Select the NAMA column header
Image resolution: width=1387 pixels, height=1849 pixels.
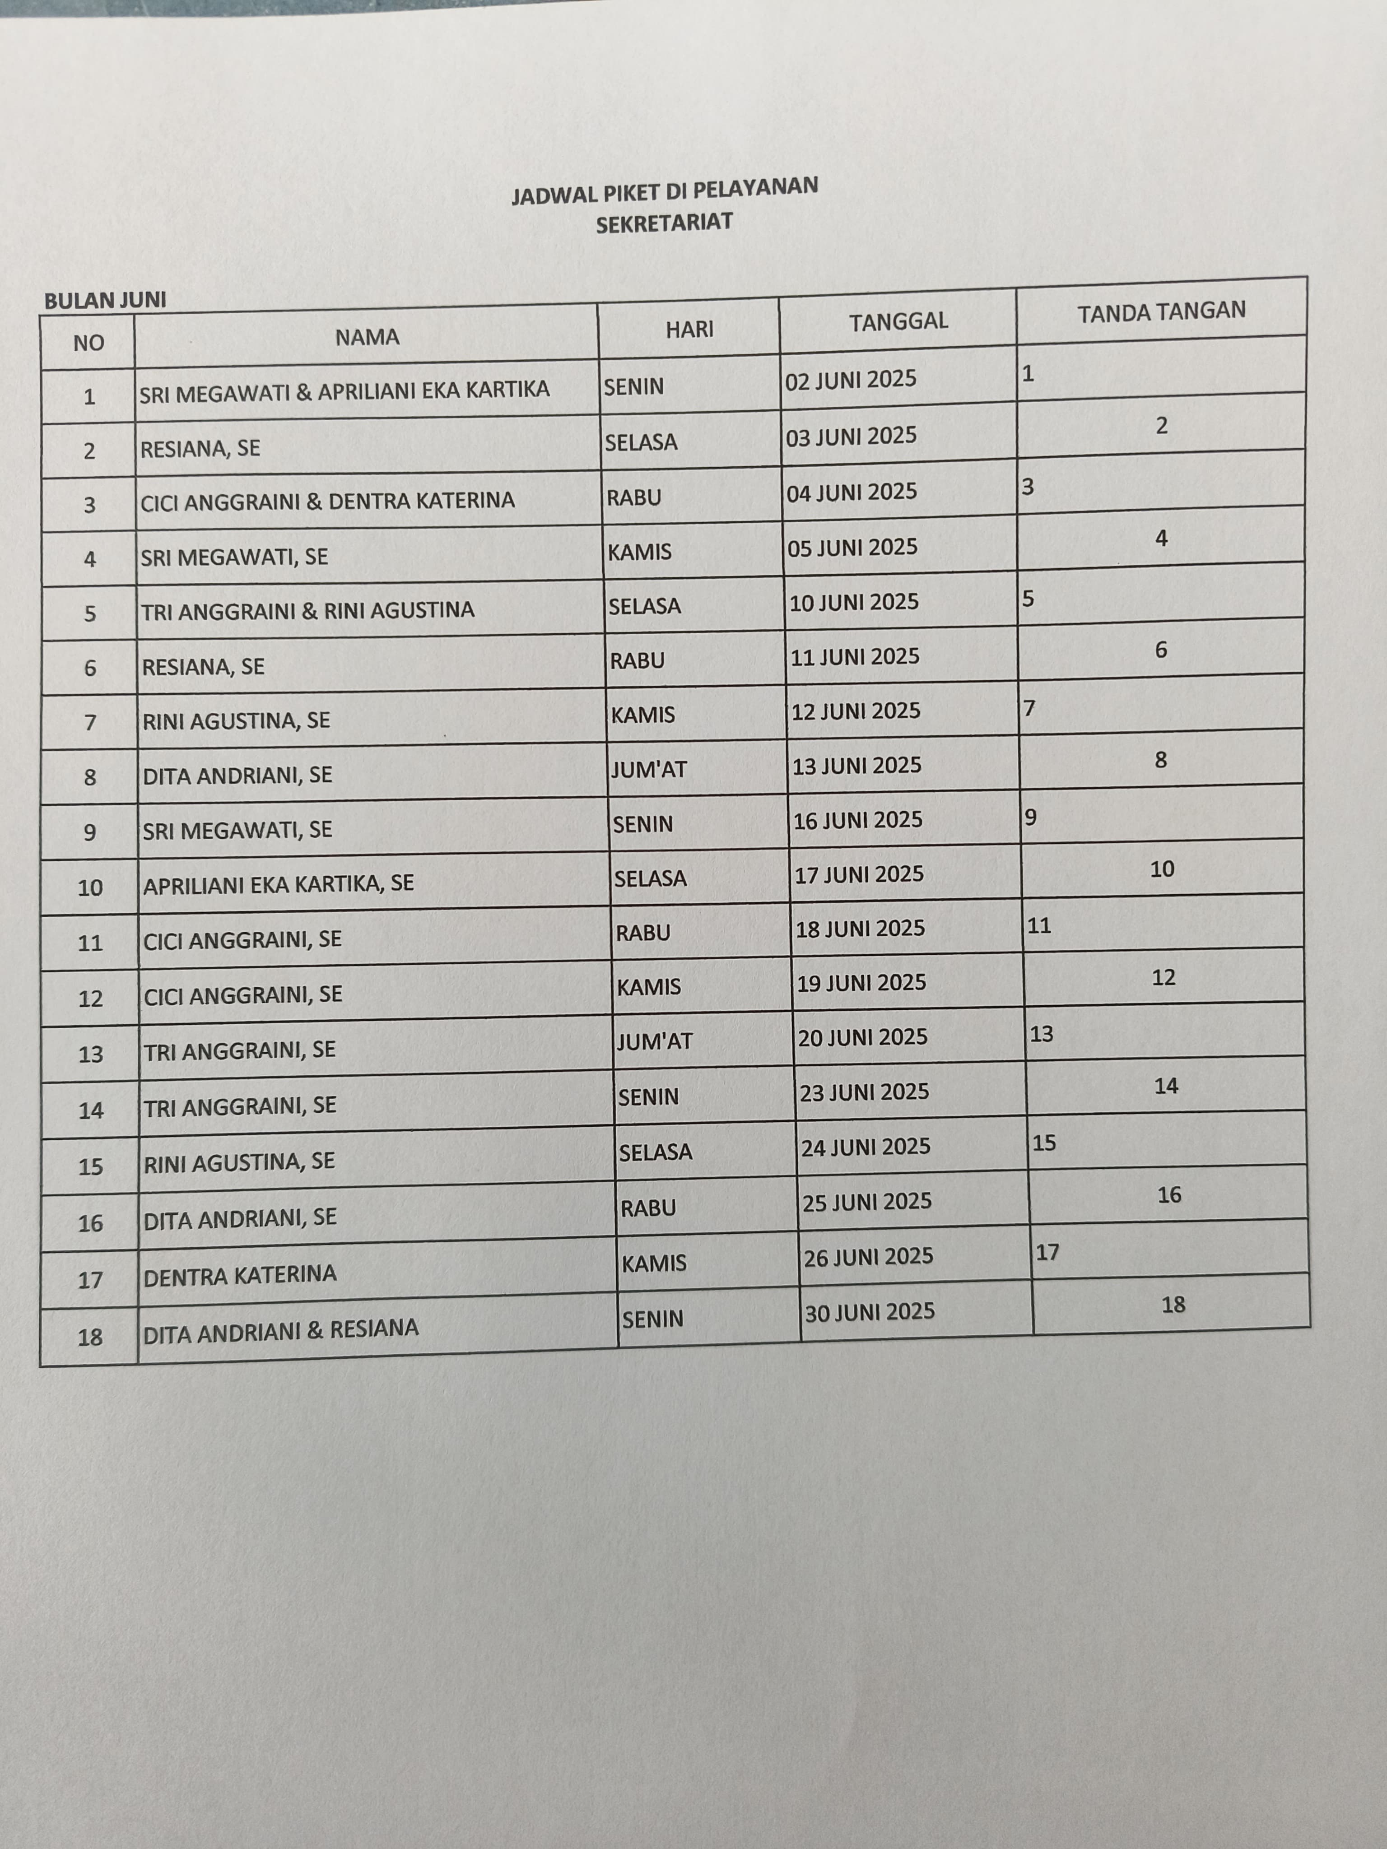(x=367, y=337)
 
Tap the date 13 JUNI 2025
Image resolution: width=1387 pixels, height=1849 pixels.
(x=856, y=766)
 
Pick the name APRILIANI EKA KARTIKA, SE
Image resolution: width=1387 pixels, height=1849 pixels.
(x=279, y=883)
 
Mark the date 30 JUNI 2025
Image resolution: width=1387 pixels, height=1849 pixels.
(x=870, y=1311)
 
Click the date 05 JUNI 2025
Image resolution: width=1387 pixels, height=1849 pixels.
(x=852, y=548)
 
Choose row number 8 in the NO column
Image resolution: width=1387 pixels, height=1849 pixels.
(x=90, y=777)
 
